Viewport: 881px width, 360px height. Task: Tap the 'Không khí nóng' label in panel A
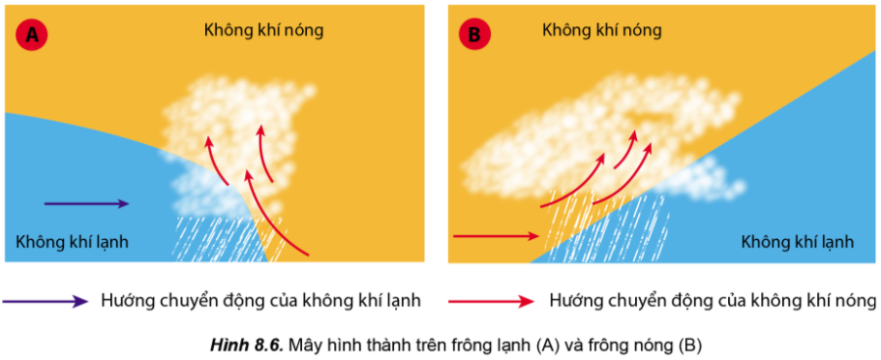pyautogui.click(x=263, y=30)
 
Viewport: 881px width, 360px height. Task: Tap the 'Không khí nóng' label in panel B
pyautogui.click(x=602, y=30)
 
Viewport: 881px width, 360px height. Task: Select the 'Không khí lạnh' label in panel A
pyautogui.click(x=73, y=243)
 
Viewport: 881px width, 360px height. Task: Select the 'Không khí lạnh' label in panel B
pyautogui.click(x=798, y=243)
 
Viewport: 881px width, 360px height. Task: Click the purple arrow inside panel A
pyautogui.click(x=86, y=204)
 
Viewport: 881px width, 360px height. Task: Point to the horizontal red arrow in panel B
pyautogui.click(x=496, y=236)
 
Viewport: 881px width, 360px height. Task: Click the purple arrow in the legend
pyautogui.click(x=45, y=302)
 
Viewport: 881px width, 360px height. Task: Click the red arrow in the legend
pyautogui.click(x=491, y=302)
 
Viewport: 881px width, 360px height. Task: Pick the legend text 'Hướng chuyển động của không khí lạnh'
pyautogui.click(x=261, y=301)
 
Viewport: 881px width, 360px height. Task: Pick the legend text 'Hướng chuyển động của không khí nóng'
pyautogui.click(x=713, y=301)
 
